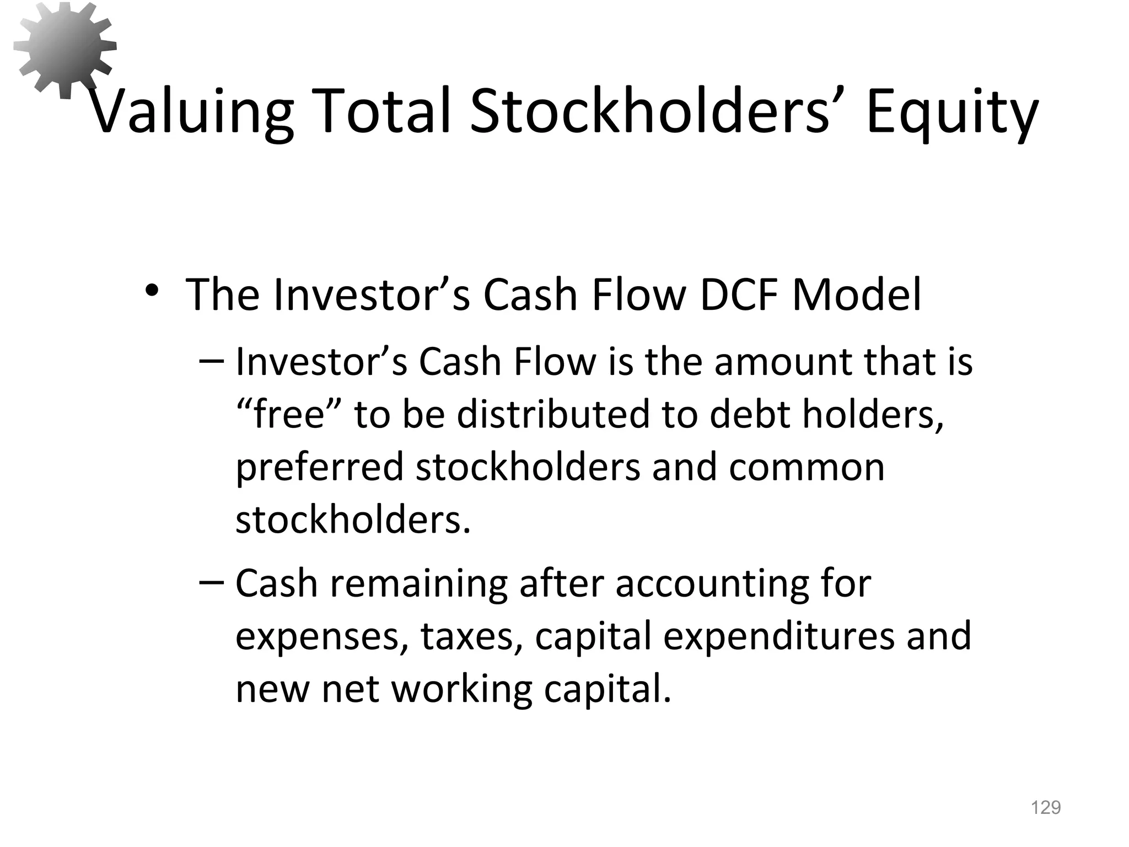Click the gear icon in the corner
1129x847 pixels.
(x=64, y=49)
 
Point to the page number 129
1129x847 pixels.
(x=1046, y=808)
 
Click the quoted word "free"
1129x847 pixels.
(x=290, y=415)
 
